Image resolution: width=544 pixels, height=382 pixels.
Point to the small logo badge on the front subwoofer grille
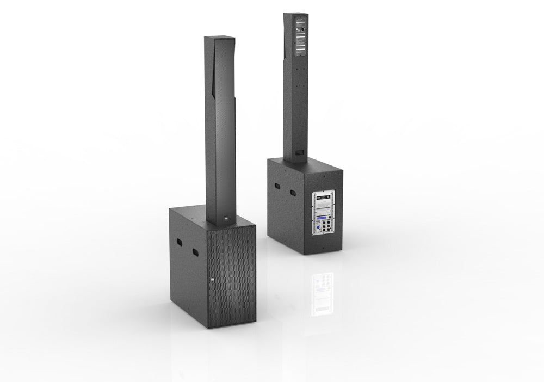pos(213,281)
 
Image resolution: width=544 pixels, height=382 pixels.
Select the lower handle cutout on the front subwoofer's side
pos(194,252)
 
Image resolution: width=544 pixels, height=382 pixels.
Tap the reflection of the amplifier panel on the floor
pos(322,294)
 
